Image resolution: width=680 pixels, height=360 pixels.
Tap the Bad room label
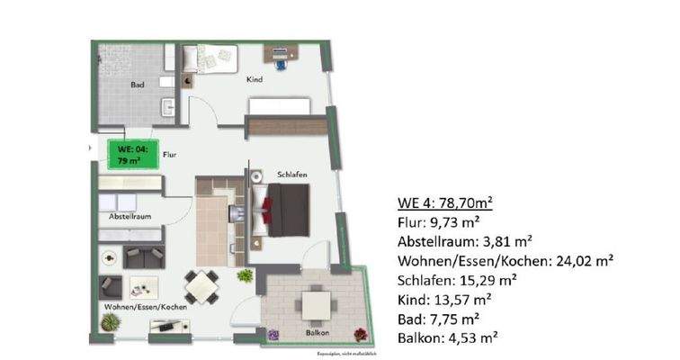(138, 86)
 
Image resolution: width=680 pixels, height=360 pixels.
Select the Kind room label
(255, 80)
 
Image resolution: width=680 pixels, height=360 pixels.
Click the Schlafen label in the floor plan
(269, 173)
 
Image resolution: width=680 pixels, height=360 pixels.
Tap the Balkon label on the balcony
(315, 332)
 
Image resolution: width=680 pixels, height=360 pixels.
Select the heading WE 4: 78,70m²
(449, 202)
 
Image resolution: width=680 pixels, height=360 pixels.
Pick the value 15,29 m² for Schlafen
(506, 281)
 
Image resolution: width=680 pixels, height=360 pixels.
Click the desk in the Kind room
(287, 52)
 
